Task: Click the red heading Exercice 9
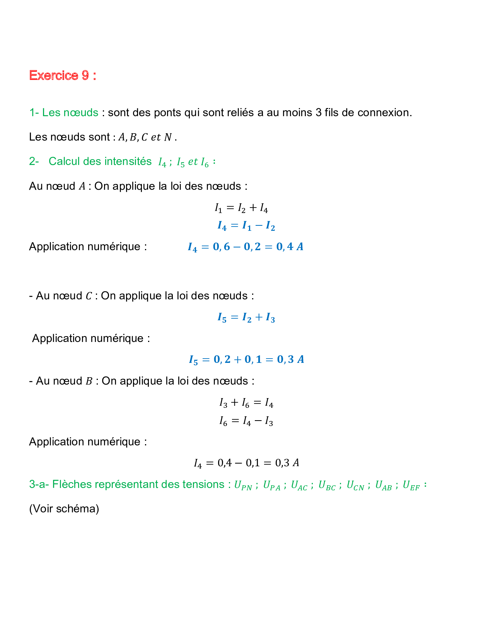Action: (x=62, y=75)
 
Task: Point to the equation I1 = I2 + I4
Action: (x=241, y=208)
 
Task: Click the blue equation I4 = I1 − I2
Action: (x=246, y=226)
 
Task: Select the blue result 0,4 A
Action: (x=290, y=247)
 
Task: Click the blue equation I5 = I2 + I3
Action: (x=246, y=318)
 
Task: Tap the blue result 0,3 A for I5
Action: (x=290, y=359)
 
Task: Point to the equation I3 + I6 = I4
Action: (x=246, y=403)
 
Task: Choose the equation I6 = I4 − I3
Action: (x=246, y=421)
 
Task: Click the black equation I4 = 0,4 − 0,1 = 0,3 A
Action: (x=246, y=463)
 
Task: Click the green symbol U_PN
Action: (x=243, y=485)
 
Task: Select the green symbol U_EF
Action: (x=411, y=485)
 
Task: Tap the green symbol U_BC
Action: (x=327, y=485)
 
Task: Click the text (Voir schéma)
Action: (x=64, y=508)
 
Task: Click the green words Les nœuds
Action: (x=70, y=113)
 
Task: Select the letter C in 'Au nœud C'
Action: (x=89, y=296)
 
